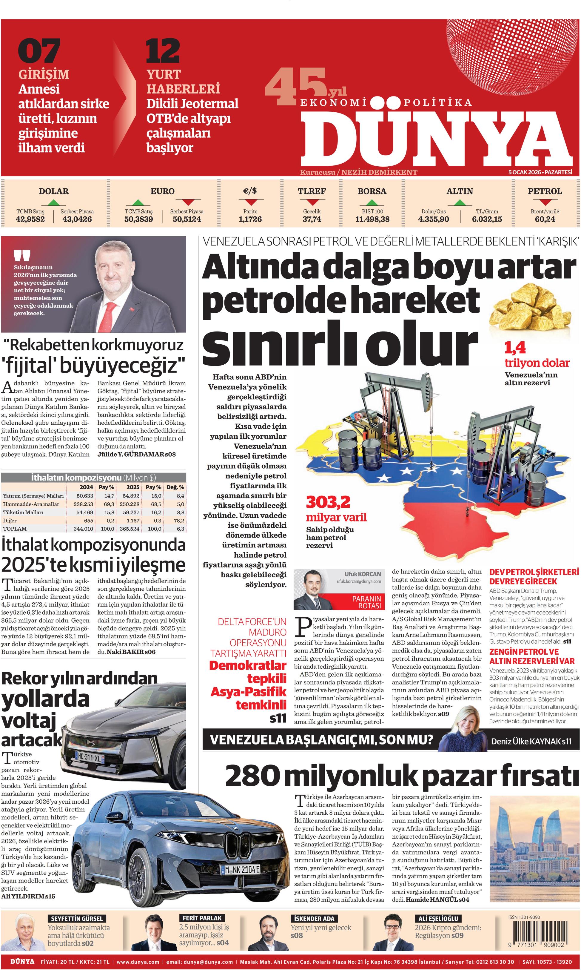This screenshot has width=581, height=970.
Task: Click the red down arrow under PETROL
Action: [x=545, y=202]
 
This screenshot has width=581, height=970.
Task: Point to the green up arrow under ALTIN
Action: [x=460, y=202]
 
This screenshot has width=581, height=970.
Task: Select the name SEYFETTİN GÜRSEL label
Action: [x=76, y=919]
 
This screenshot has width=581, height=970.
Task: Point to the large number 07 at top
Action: [x=39, y=51]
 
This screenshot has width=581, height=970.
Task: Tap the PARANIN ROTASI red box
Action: [x=366, y=602]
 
